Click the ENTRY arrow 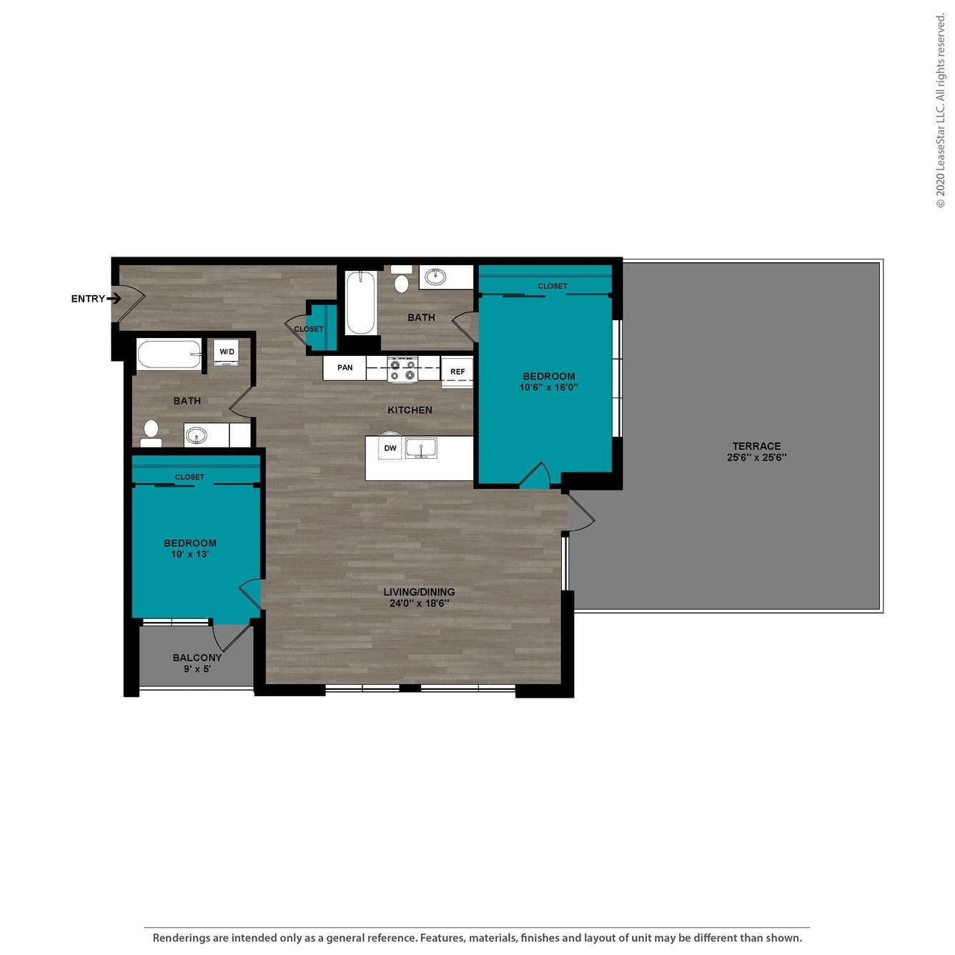[x=114, y=299]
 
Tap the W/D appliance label [x=227, y=352]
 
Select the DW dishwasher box [x=390, y=448]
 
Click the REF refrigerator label [x=457, y=372]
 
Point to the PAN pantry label [x=345, y=367]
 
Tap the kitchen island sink [x=421, y=448]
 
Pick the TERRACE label [x=756, y=446]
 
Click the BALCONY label [x=197, y=658]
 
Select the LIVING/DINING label [x=419, y=592]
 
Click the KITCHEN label [x=410, y=410]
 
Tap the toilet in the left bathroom [x=151, y=431]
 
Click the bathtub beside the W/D [x=169, y=355]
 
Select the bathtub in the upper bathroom [x=360, y=302]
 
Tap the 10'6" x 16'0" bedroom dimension [x=548, y=387]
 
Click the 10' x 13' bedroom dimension [x=189, y=554]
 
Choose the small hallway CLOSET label [x=309, y=329]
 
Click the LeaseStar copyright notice [x=940, y=111]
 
